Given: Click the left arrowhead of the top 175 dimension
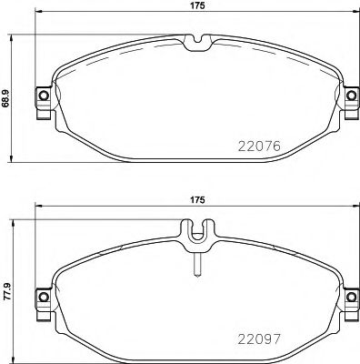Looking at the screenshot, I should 39,17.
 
